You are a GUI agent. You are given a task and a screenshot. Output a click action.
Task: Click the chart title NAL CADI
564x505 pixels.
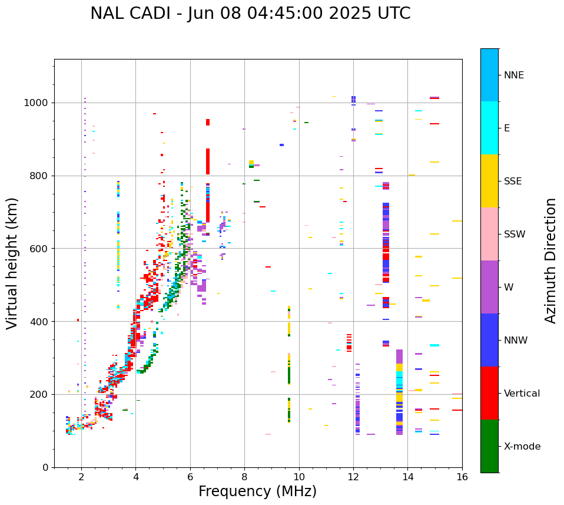250,14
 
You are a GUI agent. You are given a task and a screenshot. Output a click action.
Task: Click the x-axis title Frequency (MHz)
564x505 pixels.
257,491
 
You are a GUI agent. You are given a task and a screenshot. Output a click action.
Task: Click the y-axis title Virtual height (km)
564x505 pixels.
12,263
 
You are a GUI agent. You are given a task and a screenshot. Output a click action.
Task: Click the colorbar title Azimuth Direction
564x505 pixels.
550,260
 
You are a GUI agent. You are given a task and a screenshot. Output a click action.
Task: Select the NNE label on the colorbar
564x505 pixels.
514,75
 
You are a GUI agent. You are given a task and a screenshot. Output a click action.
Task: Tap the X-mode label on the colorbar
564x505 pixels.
522,447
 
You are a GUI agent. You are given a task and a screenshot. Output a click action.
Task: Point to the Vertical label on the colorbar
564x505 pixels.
522,394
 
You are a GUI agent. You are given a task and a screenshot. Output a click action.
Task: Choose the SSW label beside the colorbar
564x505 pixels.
515,235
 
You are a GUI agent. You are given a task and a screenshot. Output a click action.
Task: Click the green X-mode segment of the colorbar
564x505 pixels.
489,446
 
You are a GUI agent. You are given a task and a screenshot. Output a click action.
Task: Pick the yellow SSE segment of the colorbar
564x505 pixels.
489,181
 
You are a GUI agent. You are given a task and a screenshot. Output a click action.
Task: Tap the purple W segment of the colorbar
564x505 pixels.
489,287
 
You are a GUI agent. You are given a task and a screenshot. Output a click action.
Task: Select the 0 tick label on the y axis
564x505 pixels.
45,467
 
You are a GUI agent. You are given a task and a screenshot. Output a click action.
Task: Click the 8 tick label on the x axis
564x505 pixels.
244,477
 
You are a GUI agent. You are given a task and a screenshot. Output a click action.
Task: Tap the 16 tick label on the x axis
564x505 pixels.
462,477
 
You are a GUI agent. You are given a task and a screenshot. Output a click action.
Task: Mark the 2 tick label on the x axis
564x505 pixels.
81,477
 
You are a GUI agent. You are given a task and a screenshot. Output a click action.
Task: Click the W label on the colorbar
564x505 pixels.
508,288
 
